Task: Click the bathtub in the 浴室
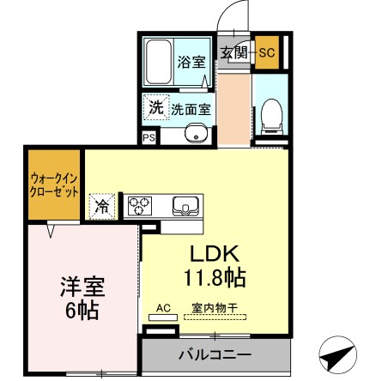pos(159,62)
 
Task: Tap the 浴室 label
pos(191,62)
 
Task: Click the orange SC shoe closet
pos(266,53)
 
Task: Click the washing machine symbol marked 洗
pos(155,108)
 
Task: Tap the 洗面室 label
pos(191,110)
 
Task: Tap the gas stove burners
pos(140,206)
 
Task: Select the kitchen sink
pos(185,206)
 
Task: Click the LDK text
pos(218,255)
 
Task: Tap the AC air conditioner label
pos(162,306)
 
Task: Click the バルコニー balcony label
pos(215,354)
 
